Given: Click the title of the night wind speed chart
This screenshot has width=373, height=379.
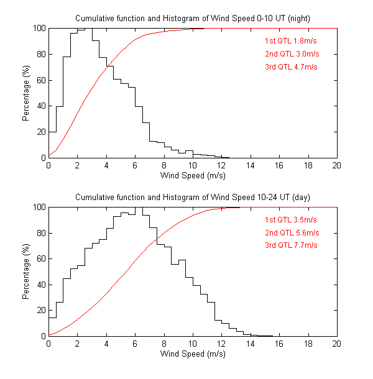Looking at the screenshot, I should [193, 19].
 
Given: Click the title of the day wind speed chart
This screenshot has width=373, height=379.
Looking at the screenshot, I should [193, 197].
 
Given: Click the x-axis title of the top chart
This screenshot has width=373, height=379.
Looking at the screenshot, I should [193, 175].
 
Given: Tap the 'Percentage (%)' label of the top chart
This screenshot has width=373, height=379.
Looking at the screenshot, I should [26, 93].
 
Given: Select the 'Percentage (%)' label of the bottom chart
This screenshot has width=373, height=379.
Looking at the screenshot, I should [26, 272].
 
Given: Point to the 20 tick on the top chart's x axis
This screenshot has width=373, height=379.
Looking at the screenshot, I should [336, 165].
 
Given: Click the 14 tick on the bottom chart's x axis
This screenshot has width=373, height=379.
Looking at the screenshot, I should [250, 344].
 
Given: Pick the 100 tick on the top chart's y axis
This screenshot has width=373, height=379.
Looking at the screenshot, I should [39, 28].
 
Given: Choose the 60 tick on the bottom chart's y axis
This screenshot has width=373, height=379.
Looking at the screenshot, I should [40, 258].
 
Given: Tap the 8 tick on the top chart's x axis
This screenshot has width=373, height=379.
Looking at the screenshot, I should [163, 165].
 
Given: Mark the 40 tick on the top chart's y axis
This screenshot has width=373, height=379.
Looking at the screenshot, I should [40, 106].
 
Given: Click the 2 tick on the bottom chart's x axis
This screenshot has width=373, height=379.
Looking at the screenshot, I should [77, 344].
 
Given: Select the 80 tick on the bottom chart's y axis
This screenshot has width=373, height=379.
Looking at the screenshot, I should [40, 233].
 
